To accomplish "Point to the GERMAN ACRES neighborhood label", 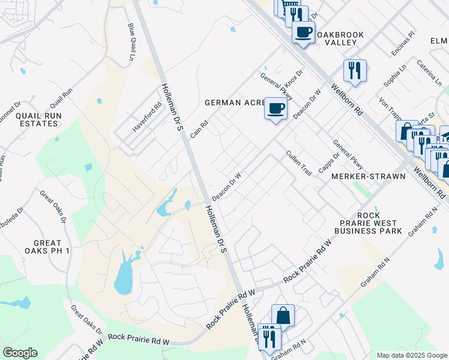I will click(x=235, y=103).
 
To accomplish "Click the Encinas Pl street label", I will click(x=403, y=44).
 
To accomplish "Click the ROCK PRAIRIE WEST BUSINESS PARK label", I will click(x=368, y=223).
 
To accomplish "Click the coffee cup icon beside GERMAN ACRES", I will click(x=276, y=108).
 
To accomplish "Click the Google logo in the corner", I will click(x=20, y=353).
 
